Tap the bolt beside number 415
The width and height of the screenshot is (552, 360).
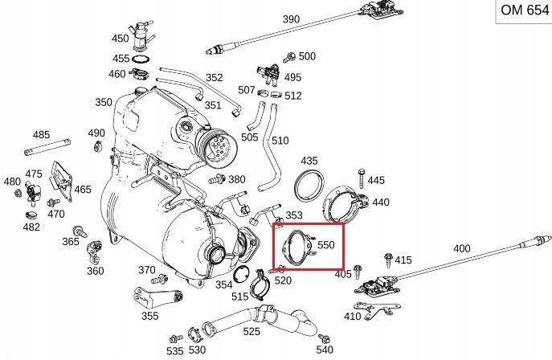(x=388, y=260)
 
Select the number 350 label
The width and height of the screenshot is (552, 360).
(x=104, y=102)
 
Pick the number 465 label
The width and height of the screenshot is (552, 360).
(x=83, y=190)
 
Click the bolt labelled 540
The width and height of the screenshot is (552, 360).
(x=324, y=338)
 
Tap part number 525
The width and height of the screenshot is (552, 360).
(x=251, y=330)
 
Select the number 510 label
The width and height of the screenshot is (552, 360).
(x=280, y=141)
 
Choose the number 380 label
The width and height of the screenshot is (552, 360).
(x=237, y=179)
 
